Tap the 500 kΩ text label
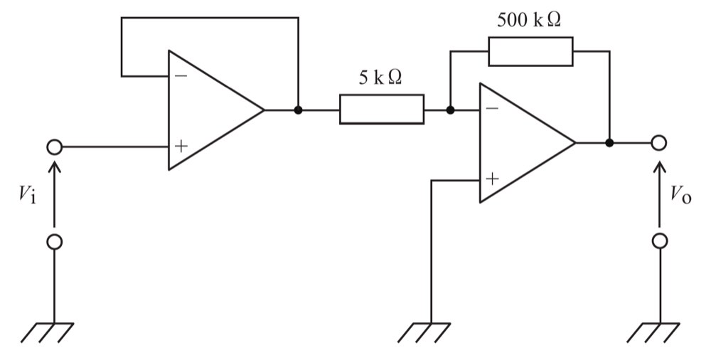pyautogui.click(x=529, y=19)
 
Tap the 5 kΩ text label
pyautogui.click(x=380, y=78)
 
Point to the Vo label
pyautogui.click(x=682, y=195)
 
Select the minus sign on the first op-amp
pyautogui.click(x=181, y=75)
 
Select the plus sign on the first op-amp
pyautogui.click(x=181, y=146)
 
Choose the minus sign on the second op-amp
pyautogui.click(x=492, y=108)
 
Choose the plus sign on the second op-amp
pyautogui.click(x=492, y=179)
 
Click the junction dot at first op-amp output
pyautogui.click(x=298, y=110)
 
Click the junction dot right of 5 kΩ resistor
pyautogui.click(x=450, y=110)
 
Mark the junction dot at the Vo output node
pyautogui.click(x=609, y=142)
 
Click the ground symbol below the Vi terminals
pyautogui.click(x=48, y=332)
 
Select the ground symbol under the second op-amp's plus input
pyautogui.click(x=424, y=332)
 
